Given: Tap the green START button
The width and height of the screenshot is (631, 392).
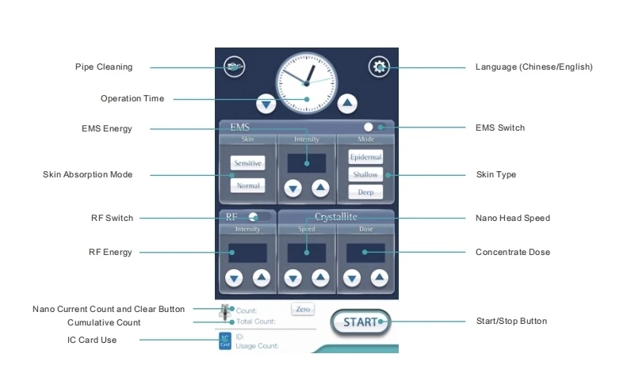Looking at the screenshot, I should [x=361, y=322].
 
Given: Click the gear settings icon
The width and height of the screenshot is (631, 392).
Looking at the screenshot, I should [x=378, y=67].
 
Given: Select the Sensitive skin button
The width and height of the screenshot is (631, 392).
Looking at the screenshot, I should [x=247, y=162].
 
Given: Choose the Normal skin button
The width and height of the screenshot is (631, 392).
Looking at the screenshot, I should [x=247, y=185].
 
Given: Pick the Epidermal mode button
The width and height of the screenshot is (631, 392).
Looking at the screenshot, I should [x=365, y=157].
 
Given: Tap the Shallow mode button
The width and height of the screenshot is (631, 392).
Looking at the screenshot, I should [x=365, y=174].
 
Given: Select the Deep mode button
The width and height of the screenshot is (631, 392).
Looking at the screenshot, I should [x=365, y=192].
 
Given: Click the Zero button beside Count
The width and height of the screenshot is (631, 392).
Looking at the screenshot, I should [x=302, y=309].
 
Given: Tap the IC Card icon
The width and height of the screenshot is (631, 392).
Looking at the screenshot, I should [x=225, y=341].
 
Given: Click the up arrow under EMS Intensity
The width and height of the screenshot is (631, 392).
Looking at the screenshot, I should [x=319, y=188].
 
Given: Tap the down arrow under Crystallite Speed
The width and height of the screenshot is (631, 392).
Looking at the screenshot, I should [x=293, y=278].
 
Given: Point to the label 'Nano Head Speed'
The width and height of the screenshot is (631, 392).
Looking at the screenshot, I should [x=512, y=218].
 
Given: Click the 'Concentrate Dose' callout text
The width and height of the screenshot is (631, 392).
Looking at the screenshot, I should [x=512, y=253].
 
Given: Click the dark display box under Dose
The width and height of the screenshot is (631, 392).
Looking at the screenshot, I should [x=365, y=253].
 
